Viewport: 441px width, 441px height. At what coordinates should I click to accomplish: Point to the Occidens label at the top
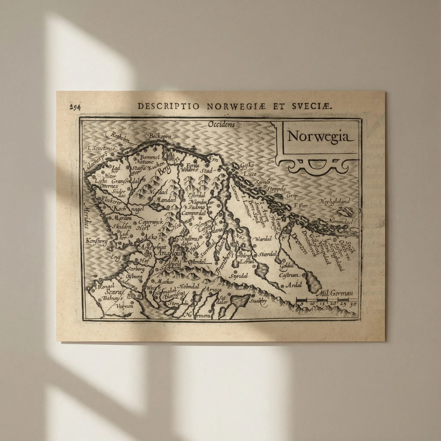coord(221,125)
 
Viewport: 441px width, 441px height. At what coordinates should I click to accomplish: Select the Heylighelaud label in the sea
coord(334,201)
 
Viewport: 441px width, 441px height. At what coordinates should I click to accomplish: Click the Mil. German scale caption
coord(337,293)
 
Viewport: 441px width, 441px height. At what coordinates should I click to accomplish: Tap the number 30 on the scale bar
coord(353,305)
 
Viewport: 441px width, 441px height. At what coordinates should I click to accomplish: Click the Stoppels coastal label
coord(276,189)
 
